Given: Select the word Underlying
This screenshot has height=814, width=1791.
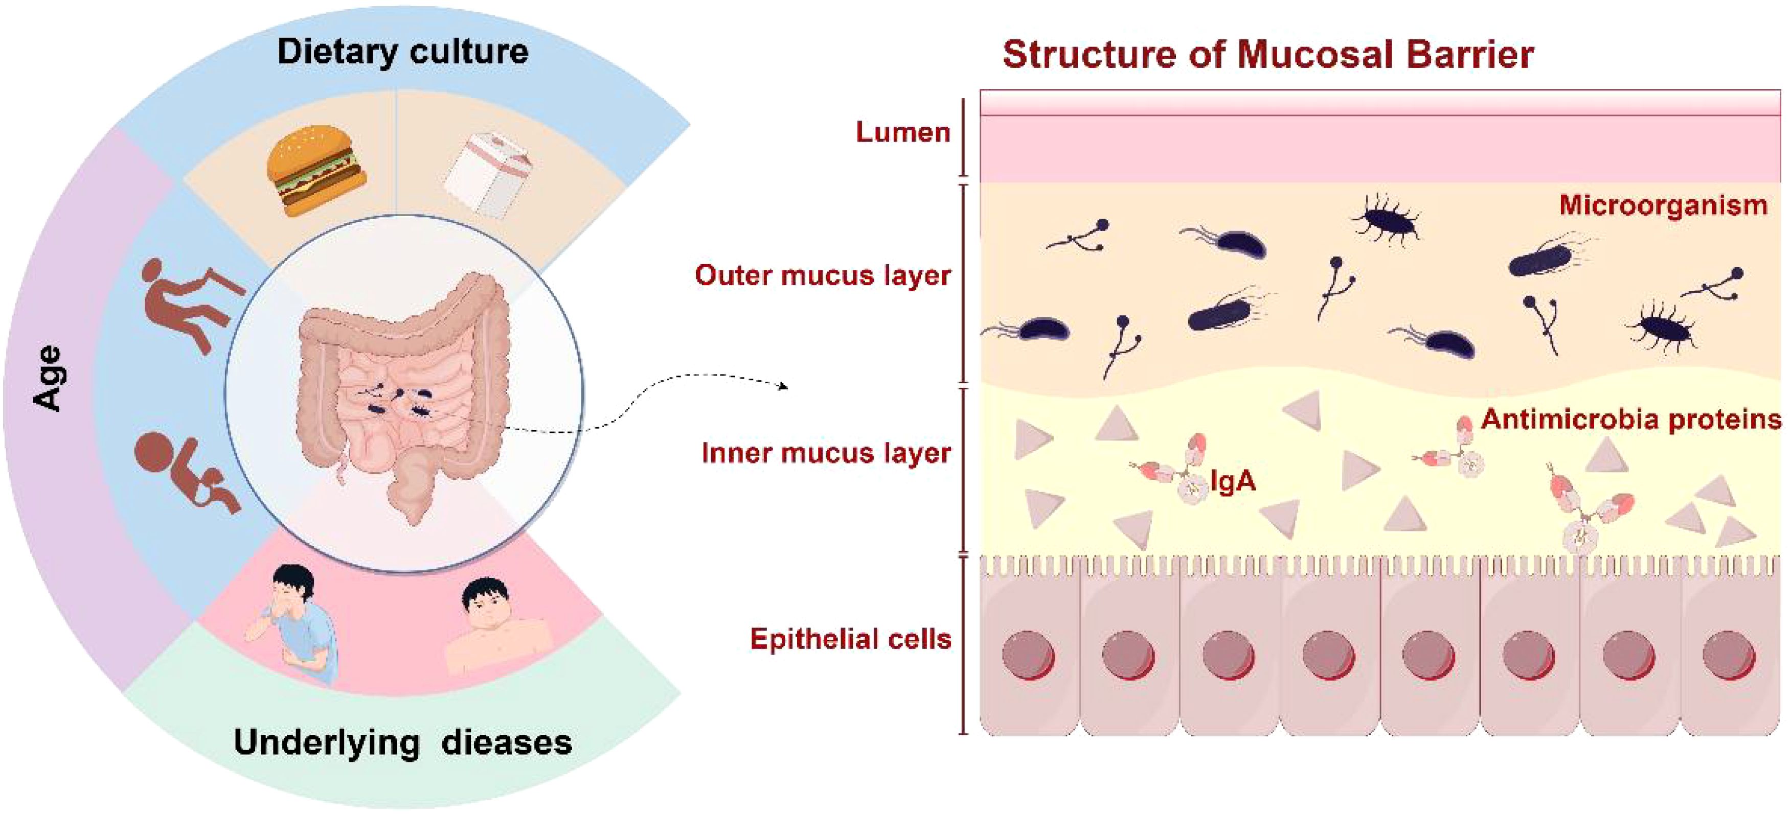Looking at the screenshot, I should point(327,742).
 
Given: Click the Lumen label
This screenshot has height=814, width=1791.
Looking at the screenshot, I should point(902,132).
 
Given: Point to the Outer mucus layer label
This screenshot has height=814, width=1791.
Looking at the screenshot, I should point(823,275).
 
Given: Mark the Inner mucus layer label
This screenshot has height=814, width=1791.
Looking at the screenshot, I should point(826,453).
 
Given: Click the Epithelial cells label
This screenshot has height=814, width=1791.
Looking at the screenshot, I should point(850,639).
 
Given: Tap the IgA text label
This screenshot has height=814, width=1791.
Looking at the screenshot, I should point(1233,481).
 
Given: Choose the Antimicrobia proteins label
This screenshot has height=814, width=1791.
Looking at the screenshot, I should point(1631,419).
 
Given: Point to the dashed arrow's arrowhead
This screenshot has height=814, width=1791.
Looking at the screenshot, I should point(784,386).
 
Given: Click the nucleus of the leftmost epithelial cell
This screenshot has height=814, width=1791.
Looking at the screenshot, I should point(1028,655).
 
